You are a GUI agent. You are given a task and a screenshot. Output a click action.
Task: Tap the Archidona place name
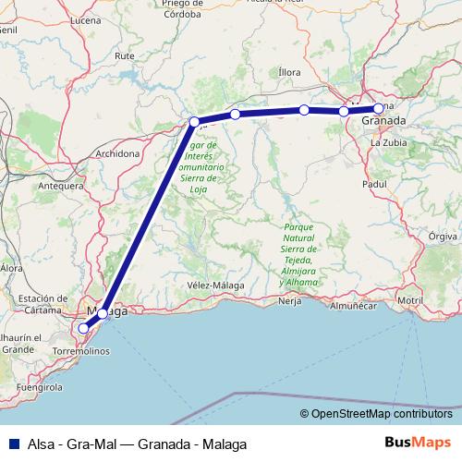(116, 152)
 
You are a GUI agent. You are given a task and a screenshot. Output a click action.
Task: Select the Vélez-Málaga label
(215, 286)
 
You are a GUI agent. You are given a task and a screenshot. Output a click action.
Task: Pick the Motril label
(410, 300)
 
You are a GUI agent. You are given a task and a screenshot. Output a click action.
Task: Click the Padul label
(373, 185)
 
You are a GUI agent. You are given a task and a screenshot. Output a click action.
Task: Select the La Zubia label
(388, 143)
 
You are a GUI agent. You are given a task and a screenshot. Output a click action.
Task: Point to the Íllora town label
(289, 71)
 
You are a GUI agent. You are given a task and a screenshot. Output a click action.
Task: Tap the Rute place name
(124, 55)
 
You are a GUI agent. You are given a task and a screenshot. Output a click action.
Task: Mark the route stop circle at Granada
(378, 108)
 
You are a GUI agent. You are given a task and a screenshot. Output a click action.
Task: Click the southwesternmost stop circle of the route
(83, 328)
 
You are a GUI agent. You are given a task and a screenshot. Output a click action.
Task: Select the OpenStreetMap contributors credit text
(382, 415)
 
